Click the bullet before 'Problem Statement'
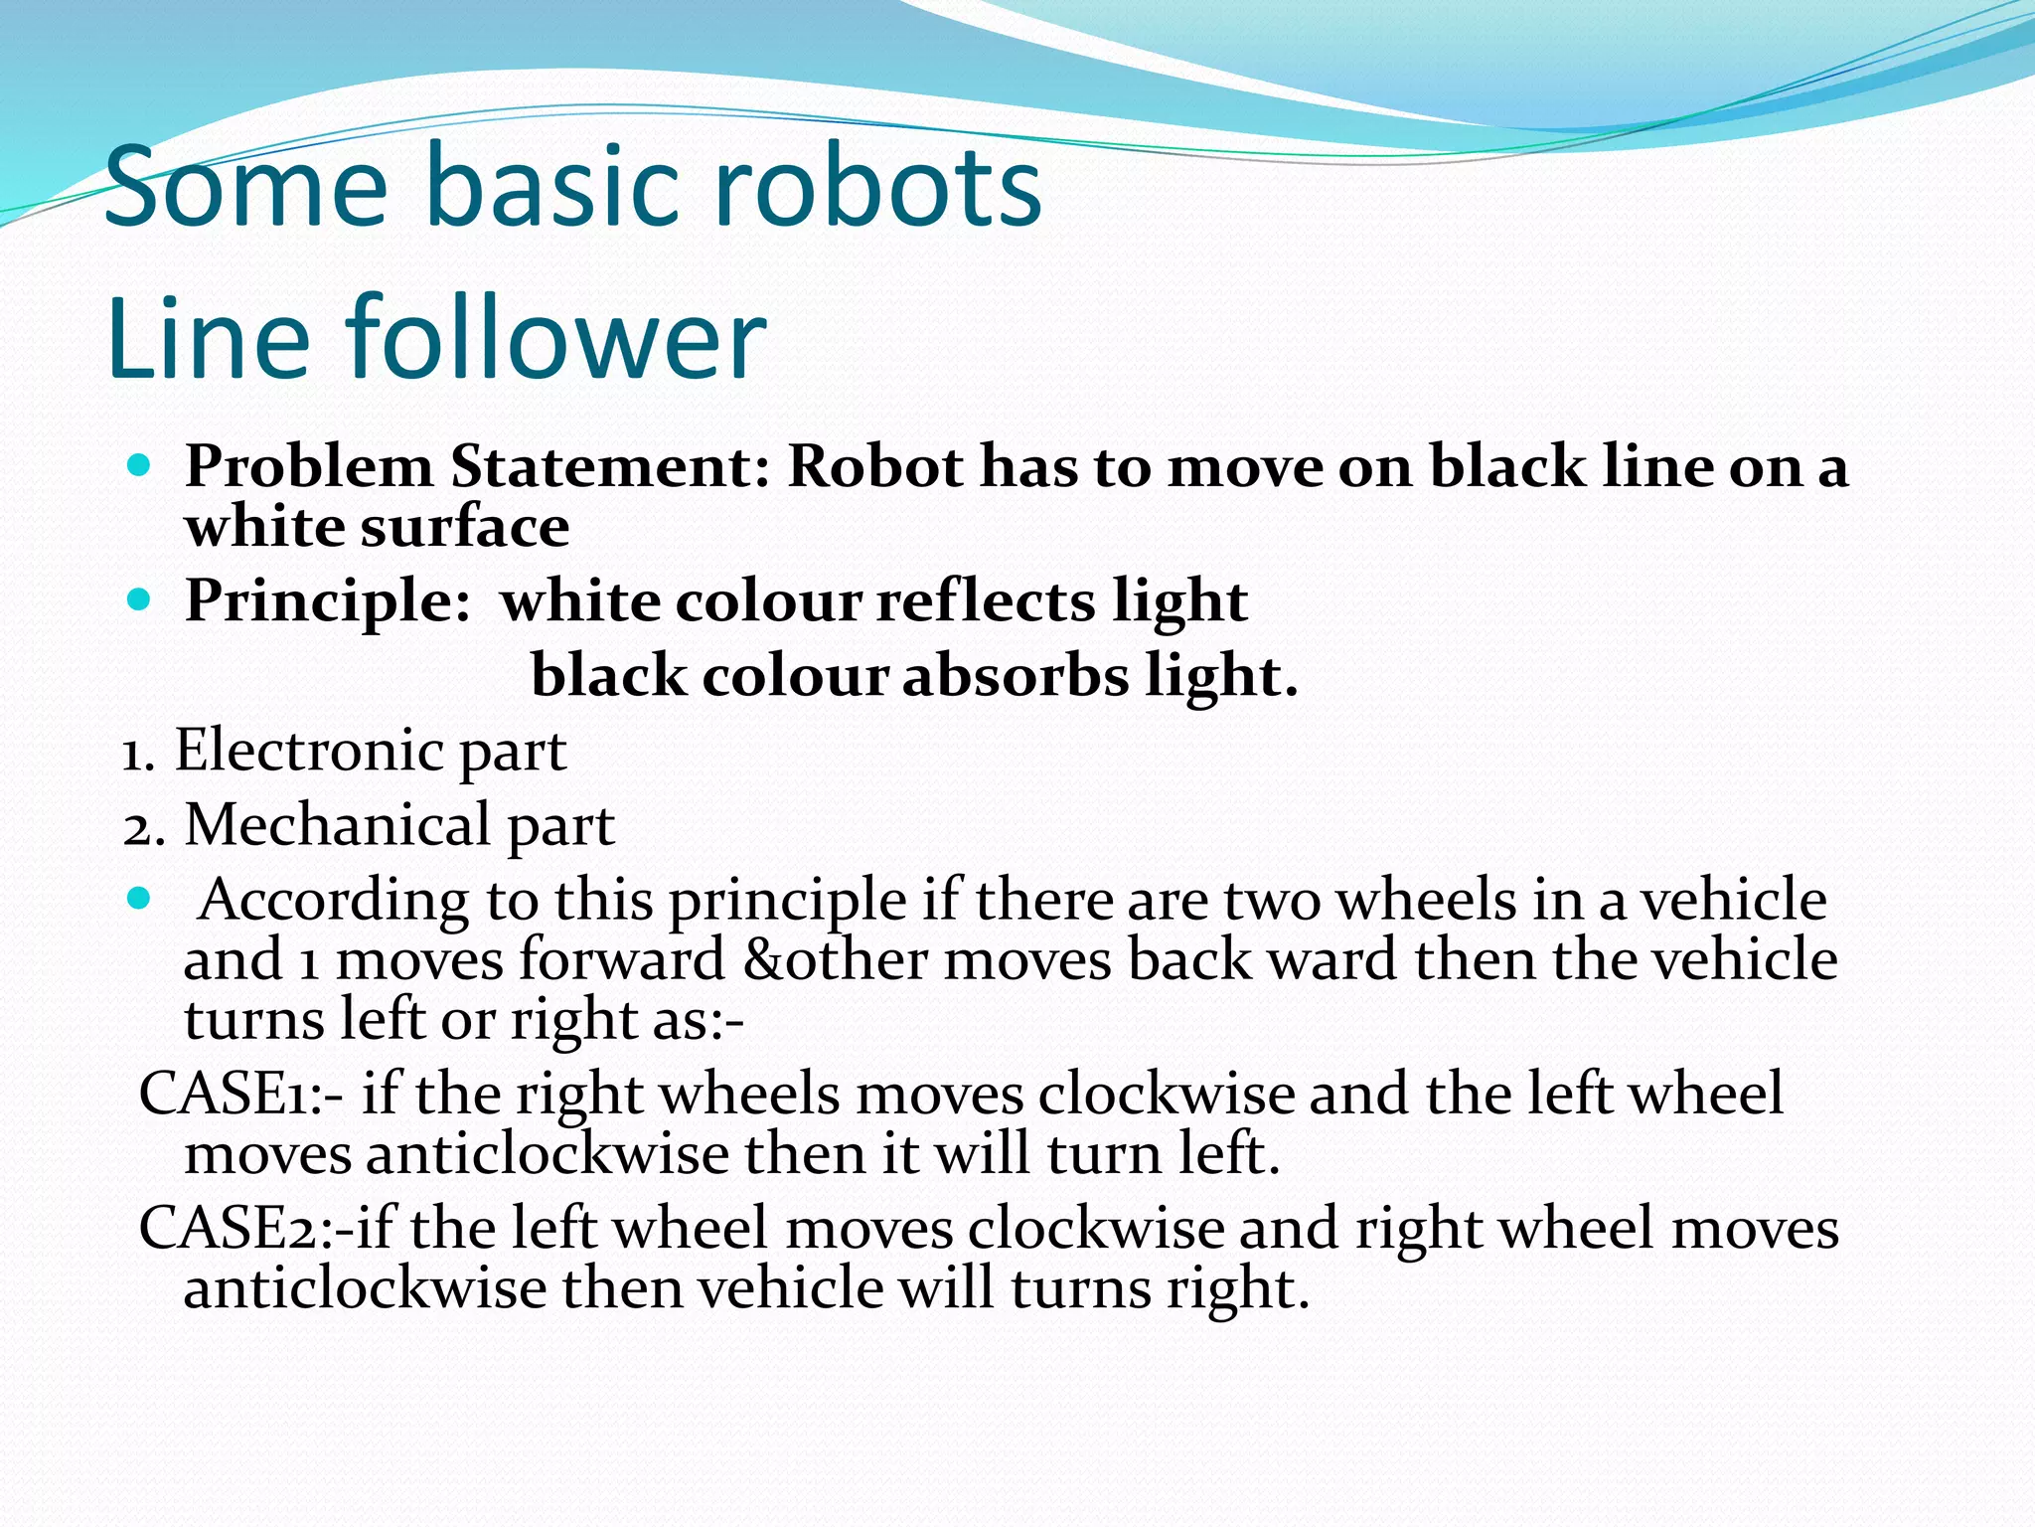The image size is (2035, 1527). [139, 464]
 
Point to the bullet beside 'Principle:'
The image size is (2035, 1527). [139, 599]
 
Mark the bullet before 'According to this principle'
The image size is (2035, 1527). [139, 899]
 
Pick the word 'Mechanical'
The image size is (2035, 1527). [338, 825]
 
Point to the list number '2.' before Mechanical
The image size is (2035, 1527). [144, 827]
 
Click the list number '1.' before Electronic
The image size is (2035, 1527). [138, 753]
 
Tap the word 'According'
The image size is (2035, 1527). [334, 901]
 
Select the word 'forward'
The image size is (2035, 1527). [621, 960]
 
